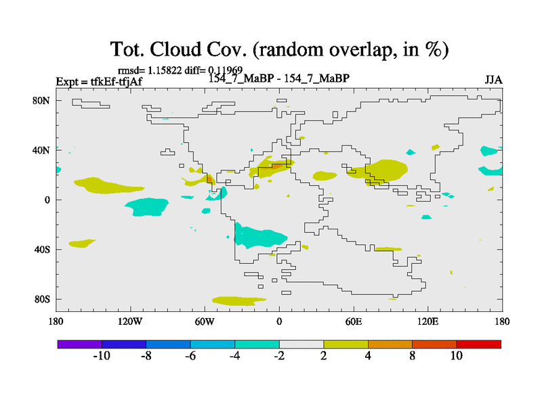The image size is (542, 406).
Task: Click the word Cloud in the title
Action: tap(175, 49)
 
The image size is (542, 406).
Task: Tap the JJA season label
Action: tap(493, 80)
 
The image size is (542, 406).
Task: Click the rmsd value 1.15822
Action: tap(165, 70)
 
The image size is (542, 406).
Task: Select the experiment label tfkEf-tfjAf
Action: tap(116, 81)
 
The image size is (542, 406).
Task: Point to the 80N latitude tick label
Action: tap(41, 100)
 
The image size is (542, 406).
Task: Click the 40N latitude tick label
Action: tap(41, 150)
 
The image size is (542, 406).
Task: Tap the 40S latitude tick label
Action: tap(42, 249)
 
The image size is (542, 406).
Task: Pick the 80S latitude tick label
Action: tap(42, 299)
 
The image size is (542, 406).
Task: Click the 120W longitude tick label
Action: tap(130, 321)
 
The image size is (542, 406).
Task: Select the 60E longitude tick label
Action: tap(353, 321)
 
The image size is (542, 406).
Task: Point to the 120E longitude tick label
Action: tap(428, 321)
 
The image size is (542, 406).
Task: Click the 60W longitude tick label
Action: tap(205, 321)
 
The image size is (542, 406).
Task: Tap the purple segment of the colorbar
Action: tap(80, 344)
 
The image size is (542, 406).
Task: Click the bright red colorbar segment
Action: tap(479, 344)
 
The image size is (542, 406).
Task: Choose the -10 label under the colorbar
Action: tap(102, 356)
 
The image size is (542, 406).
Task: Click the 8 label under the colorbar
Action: tap(412, 356)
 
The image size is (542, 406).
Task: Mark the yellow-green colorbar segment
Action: tap(346, 344)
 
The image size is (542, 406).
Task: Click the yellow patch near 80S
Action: tap(238, 301)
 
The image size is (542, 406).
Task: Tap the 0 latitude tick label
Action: tap(47, 200)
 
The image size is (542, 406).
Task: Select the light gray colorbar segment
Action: tap(301, 344)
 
